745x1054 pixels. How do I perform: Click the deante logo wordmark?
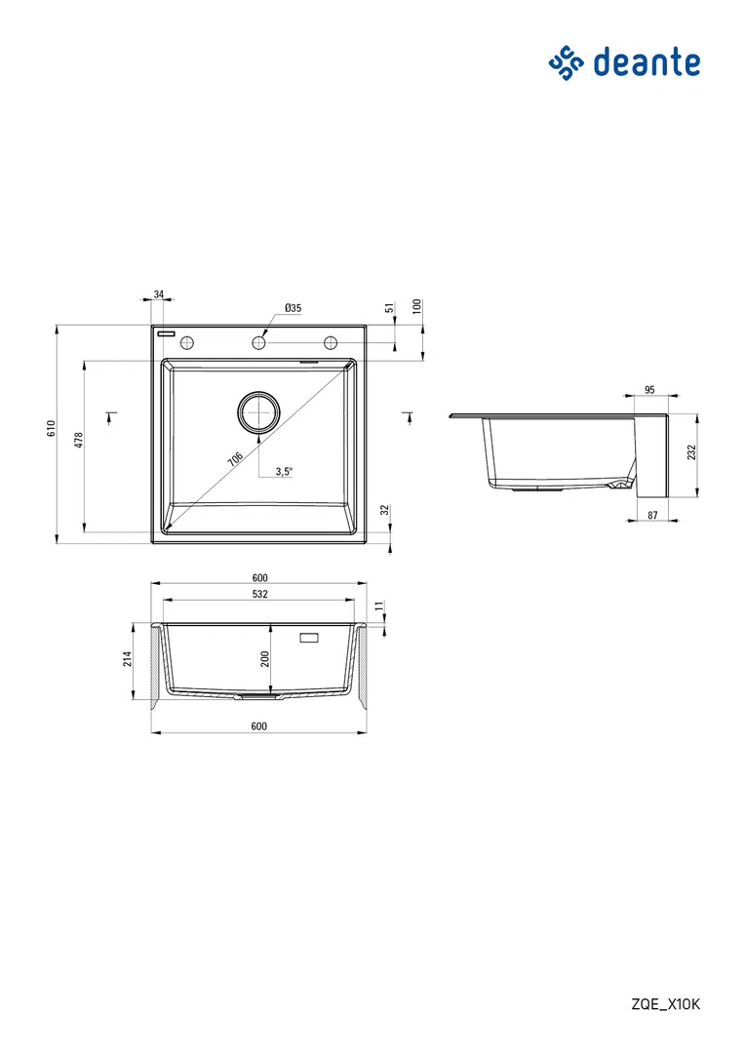point(647,62)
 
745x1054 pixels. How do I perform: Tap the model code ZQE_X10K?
point(666,1004)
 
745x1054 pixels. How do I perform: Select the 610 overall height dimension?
point(51,429)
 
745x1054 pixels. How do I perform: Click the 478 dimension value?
point(79,441)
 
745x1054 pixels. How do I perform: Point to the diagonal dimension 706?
point(235,460)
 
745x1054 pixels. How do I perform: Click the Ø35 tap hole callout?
point(294,308)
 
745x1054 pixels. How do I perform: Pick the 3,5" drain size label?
point(284,471)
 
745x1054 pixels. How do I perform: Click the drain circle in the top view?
point(258,411)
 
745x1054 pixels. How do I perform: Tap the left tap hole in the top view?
point(187,343)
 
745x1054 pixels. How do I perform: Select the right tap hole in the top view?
point(331,343)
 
